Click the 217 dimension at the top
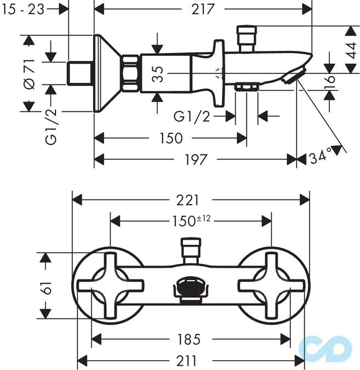tap(203, 9)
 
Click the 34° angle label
tap(321, 157)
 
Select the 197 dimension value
tap(196, 160)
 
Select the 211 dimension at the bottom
tap(190, 361)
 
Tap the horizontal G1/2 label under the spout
tap(191, 116)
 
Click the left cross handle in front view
tap(111, 285)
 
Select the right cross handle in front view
tap(271, 285)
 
